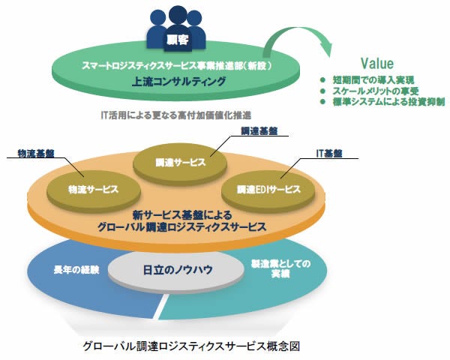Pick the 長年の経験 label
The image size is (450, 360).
[x=72, y=267]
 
